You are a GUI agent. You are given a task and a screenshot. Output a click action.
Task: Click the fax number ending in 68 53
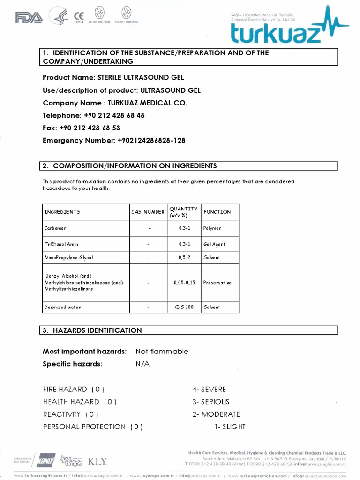[x=90, y=128]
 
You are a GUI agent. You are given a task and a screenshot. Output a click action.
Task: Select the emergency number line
[x=114, y=141]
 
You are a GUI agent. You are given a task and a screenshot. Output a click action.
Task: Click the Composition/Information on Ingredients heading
[x=135, y=166]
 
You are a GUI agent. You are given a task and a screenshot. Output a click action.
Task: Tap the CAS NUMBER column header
[x=148, y=212]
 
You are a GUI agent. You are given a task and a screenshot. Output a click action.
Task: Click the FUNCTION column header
[x=217, y=212]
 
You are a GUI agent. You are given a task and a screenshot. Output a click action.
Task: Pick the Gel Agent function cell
[x=214, y=244]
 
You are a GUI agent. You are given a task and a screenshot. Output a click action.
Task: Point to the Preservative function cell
[x=217, y=283]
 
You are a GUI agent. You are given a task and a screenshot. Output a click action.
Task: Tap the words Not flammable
[x=162, y=352]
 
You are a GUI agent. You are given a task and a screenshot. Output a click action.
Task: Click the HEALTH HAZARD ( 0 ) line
[x=80, y=402]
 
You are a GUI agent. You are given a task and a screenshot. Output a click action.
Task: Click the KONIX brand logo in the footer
[x=46, y=460]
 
